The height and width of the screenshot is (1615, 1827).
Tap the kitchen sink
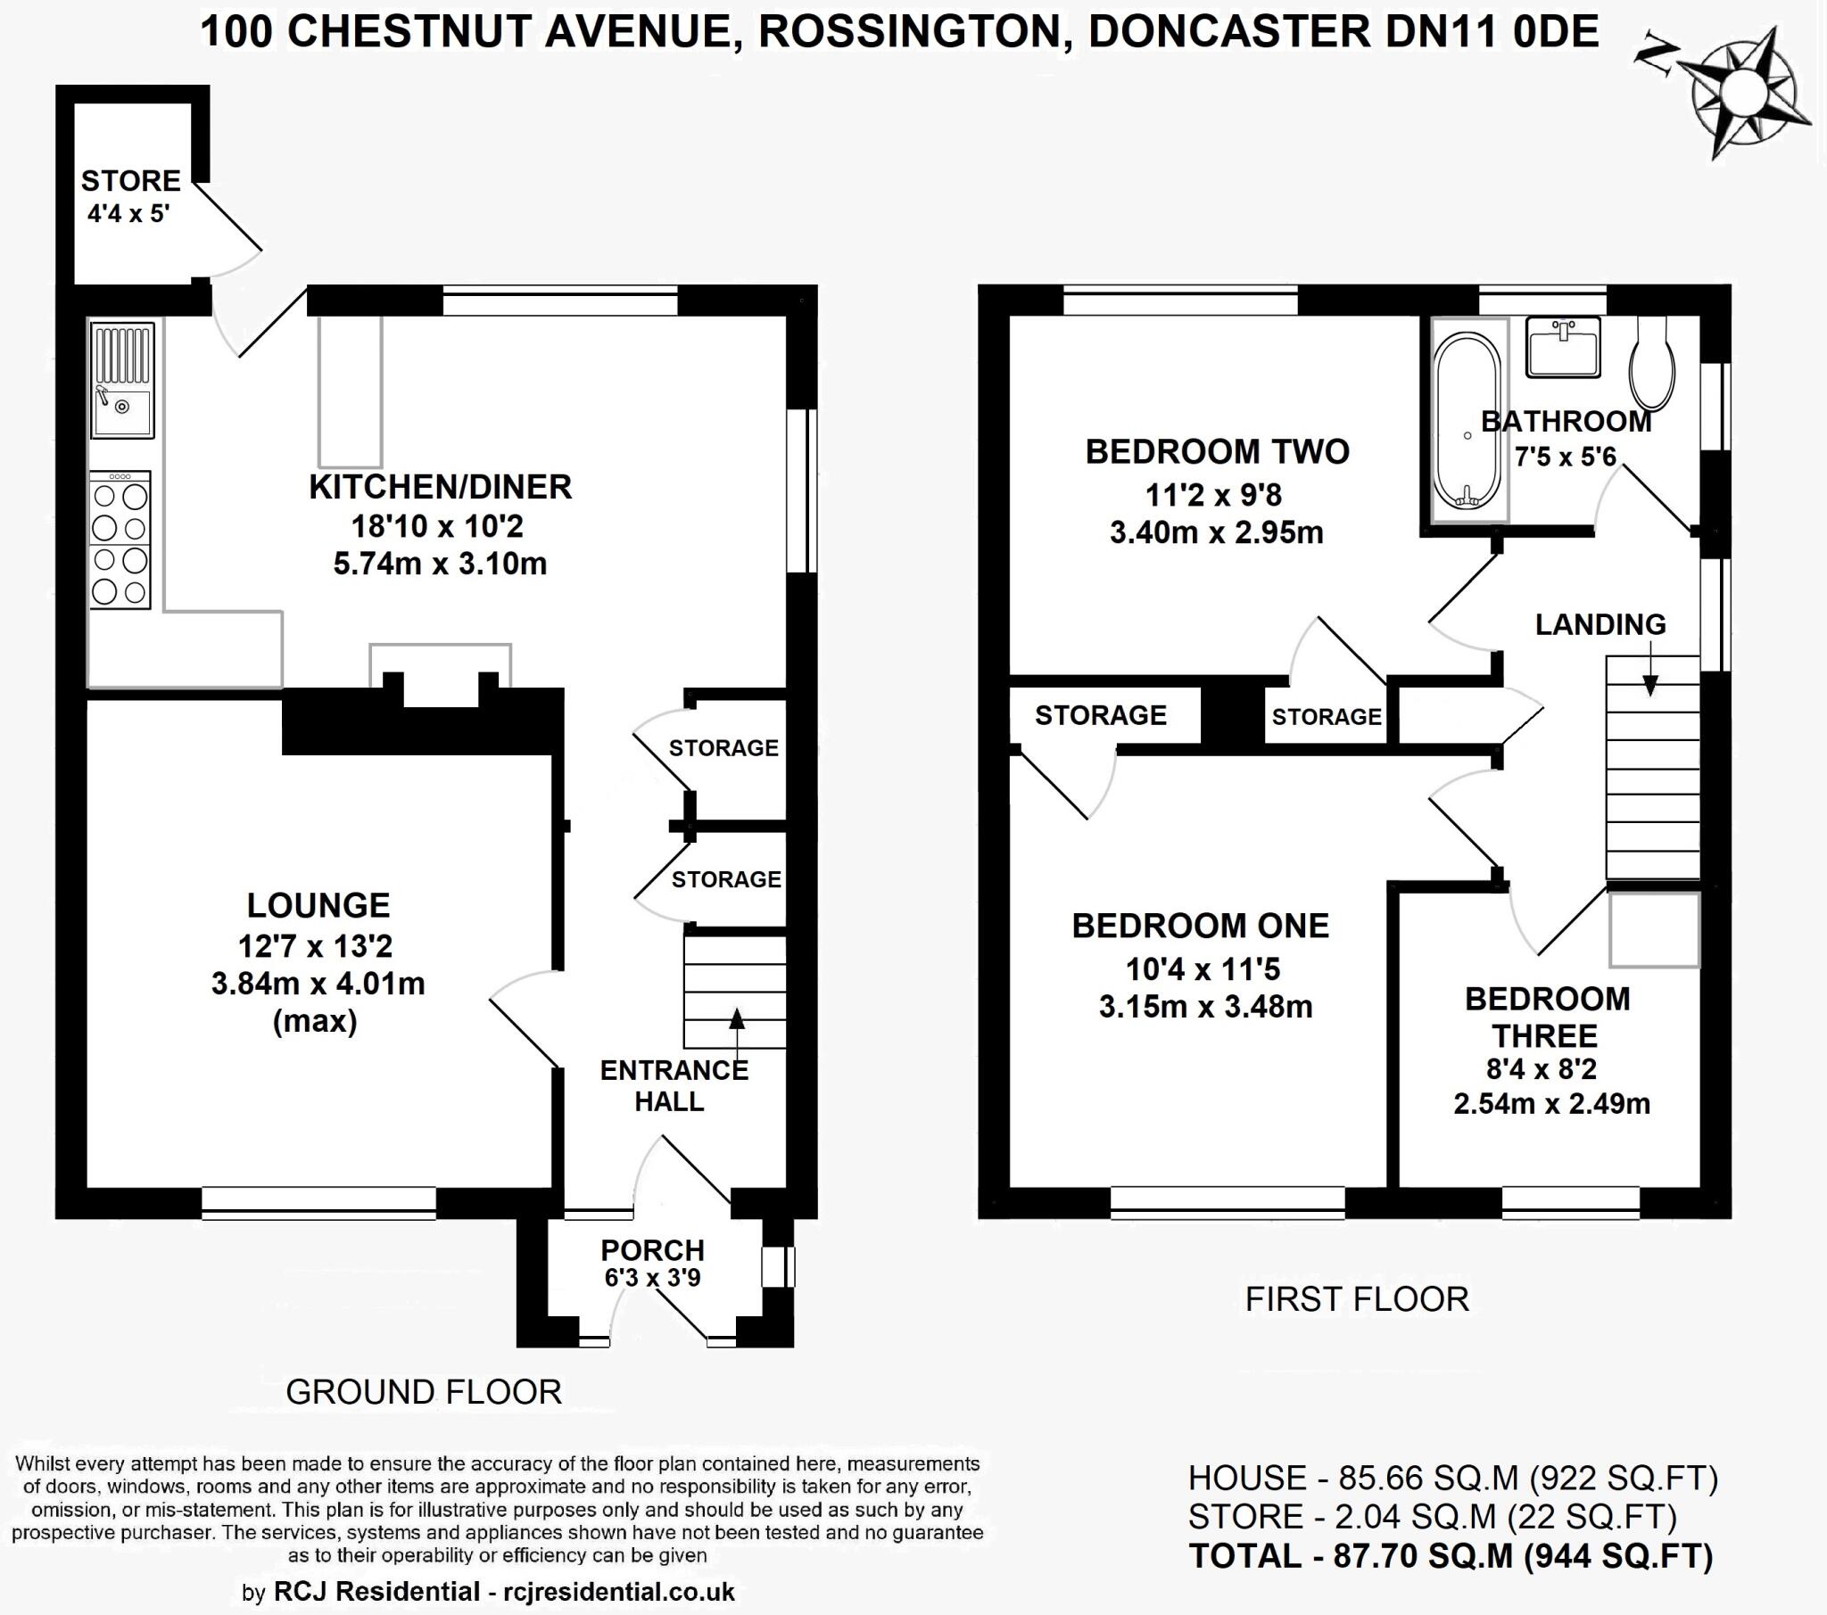pos(122,380)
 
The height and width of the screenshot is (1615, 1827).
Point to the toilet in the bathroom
pos(1653,362)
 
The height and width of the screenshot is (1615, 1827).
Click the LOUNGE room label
pos(318,905)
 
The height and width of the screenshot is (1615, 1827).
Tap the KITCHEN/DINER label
pos(441,487)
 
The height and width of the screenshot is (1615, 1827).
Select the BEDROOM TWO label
pos(1218,451)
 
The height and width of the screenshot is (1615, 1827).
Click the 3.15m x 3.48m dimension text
pos(1206,1006)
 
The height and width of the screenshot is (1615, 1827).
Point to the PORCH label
pos(652,1249)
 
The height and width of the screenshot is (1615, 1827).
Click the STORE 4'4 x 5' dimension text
pos(128,215)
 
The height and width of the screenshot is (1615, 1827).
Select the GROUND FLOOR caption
pos(424,1391)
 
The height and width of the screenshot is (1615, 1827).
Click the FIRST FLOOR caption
pos(1357,1298)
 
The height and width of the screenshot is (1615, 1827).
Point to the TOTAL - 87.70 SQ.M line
pos(1451,1556)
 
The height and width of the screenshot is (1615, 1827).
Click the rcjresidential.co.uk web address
pos(619,1591)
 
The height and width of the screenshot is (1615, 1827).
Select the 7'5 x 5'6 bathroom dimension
pos(1565,457)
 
